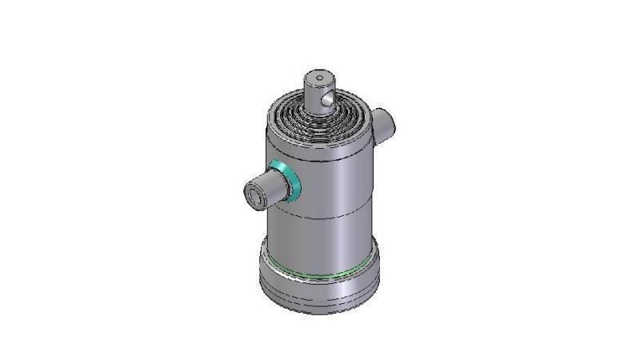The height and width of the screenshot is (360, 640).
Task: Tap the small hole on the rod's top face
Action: click(x=318, y=78)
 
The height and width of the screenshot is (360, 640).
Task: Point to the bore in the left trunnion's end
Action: click(x=255, y=194)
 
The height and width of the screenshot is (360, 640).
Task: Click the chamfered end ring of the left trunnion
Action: click(x=250, y=194)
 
